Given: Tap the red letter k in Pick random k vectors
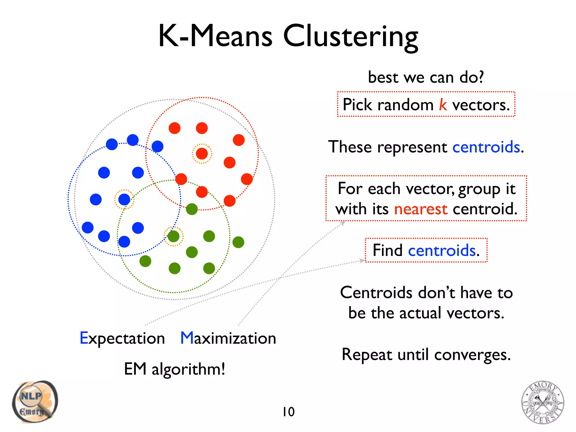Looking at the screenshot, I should tap(443, 105).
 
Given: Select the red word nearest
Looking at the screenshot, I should tap(420, 209).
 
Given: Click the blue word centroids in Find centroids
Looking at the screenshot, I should tap(442, 250).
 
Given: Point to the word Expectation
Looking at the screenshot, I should tap(122, 338).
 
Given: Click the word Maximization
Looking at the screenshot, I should tap(228, 338).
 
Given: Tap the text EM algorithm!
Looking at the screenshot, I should tap(174, 369).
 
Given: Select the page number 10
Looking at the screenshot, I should tap(288, 412).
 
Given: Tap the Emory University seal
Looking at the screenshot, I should tap(543, 402).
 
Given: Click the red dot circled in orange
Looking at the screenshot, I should tap(202, 154).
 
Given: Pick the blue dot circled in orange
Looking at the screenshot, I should tap(124, 199).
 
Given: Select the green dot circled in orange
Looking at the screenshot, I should tap(174, 236).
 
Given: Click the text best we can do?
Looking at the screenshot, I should tap(426, 77).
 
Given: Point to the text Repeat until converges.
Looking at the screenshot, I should tap(426, 354).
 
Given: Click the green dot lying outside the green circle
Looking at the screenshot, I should tap(238, 242).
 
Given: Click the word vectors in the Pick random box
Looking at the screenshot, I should tap(480, 105).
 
